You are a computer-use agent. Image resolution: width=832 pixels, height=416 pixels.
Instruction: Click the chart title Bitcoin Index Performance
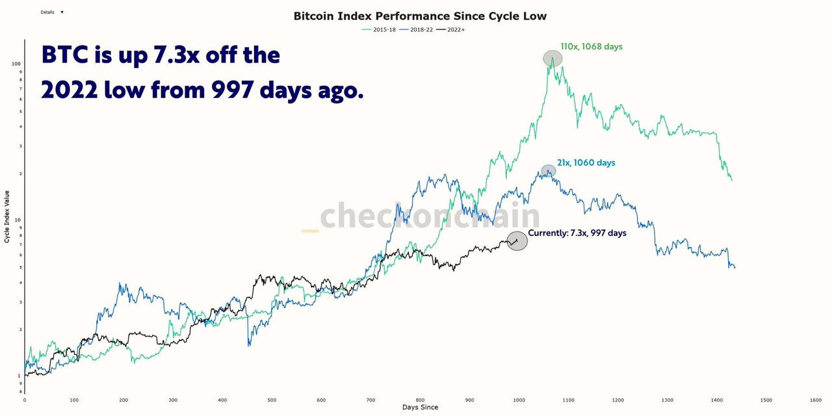pos(420,16)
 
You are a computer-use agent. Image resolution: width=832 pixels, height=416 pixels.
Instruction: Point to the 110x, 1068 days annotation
pos(591,47)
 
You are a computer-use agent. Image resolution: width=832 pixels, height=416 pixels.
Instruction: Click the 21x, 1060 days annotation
pos(586,162)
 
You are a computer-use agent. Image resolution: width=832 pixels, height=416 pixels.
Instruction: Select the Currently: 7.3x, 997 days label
pos(577,233)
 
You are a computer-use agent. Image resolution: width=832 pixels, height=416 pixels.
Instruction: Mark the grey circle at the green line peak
pos(552,58)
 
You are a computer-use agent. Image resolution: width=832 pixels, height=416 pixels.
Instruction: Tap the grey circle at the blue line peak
pos(549,171)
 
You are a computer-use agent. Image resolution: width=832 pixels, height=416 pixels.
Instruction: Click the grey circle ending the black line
pos(517,241)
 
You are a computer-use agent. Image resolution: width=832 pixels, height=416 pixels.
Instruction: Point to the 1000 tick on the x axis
pos(519,400)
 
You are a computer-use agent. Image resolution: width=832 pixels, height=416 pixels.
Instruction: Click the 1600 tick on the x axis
pos(816,400)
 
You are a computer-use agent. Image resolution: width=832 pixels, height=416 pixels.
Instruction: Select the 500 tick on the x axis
pos(272,400)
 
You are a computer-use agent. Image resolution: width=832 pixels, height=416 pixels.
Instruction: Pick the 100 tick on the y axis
pos(16,64)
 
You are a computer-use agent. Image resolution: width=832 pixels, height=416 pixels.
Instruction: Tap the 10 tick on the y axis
pos(18,220)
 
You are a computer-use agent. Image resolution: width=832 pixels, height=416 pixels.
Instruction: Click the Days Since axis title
pos(420,408)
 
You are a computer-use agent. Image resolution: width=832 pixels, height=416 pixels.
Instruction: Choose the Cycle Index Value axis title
pos(7,217)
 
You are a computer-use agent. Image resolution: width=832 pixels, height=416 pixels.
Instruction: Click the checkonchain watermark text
pos(430,216)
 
